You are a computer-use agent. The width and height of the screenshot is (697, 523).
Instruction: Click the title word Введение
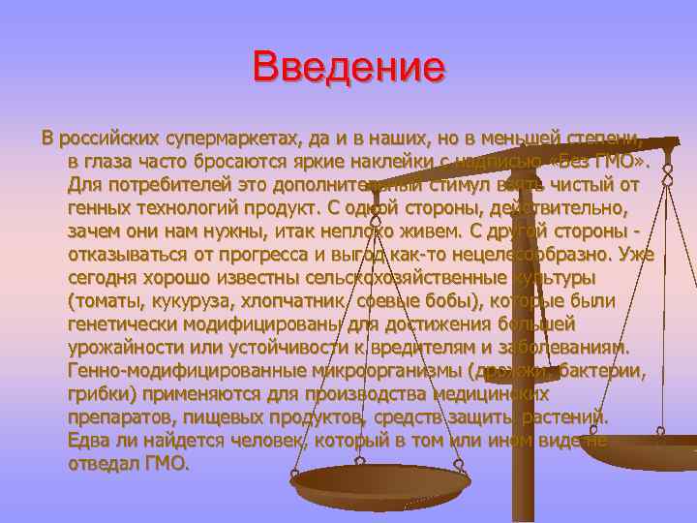[348, 68]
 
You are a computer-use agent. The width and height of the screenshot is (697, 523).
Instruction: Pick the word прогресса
[262, 254]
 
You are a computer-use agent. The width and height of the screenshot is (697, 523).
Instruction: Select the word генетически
[124, 323]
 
